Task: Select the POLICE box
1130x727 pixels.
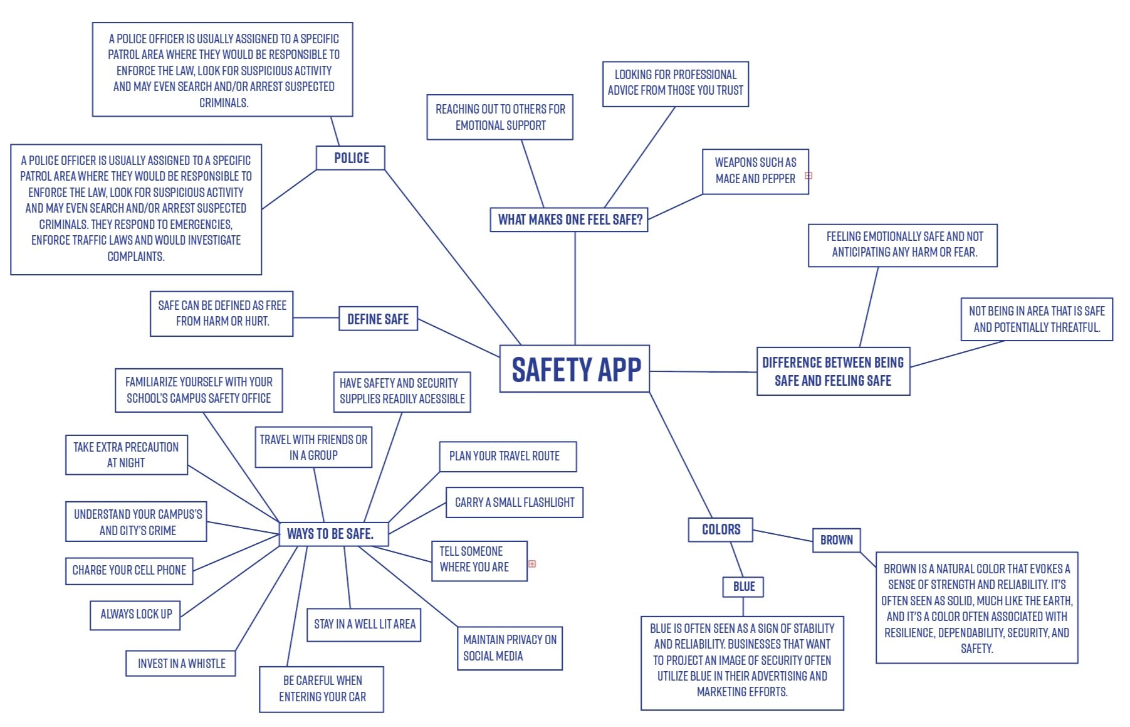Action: (350, 158)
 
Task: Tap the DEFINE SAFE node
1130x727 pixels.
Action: (378, 319)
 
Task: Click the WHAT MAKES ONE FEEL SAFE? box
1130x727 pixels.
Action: (569, 220)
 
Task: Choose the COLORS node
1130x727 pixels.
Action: (720, 529)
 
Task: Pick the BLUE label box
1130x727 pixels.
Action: (743, 586)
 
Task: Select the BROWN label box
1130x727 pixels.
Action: (836, 540)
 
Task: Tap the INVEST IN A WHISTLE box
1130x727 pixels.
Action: (180, 664)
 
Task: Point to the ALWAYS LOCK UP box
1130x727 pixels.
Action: (135, 614)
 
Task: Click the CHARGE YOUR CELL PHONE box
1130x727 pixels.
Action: (128, 570)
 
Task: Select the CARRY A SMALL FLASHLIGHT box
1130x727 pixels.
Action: (514, 502)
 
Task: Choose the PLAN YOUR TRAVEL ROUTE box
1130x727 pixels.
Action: (508, 456)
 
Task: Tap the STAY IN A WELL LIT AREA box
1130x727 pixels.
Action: (364, 624)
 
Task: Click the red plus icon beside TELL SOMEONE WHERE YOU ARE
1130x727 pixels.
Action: (532, 564)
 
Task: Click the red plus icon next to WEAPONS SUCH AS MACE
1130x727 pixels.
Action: (808, 176)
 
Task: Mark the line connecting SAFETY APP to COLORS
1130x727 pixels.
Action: (681, 455)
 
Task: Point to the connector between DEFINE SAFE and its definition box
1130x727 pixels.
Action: (316, 317)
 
